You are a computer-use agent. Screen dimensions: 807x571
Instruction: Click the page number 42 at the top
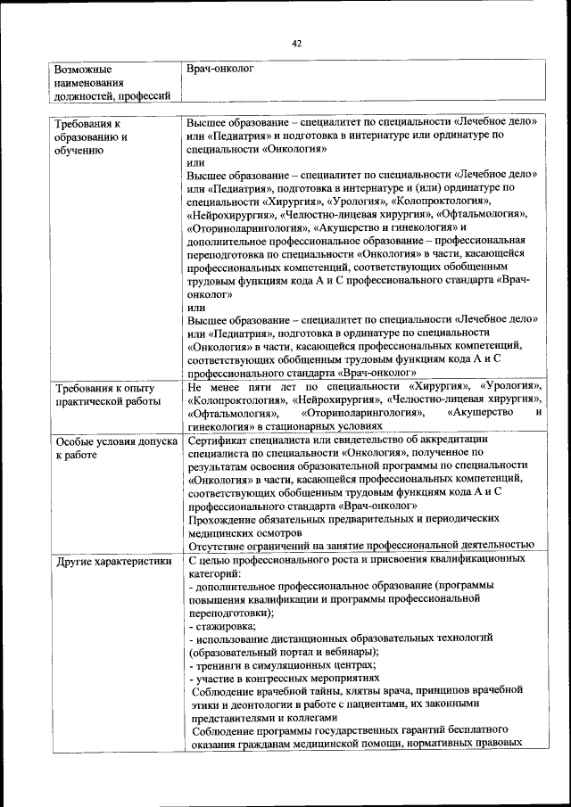(x=296, y=42)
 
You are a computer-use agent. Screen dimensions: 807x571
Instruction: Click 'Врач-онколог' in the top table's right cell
(x=220, y=68)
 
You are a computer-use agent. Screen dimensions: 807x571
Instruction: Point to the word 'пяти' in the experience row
(x=270, y=387)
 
